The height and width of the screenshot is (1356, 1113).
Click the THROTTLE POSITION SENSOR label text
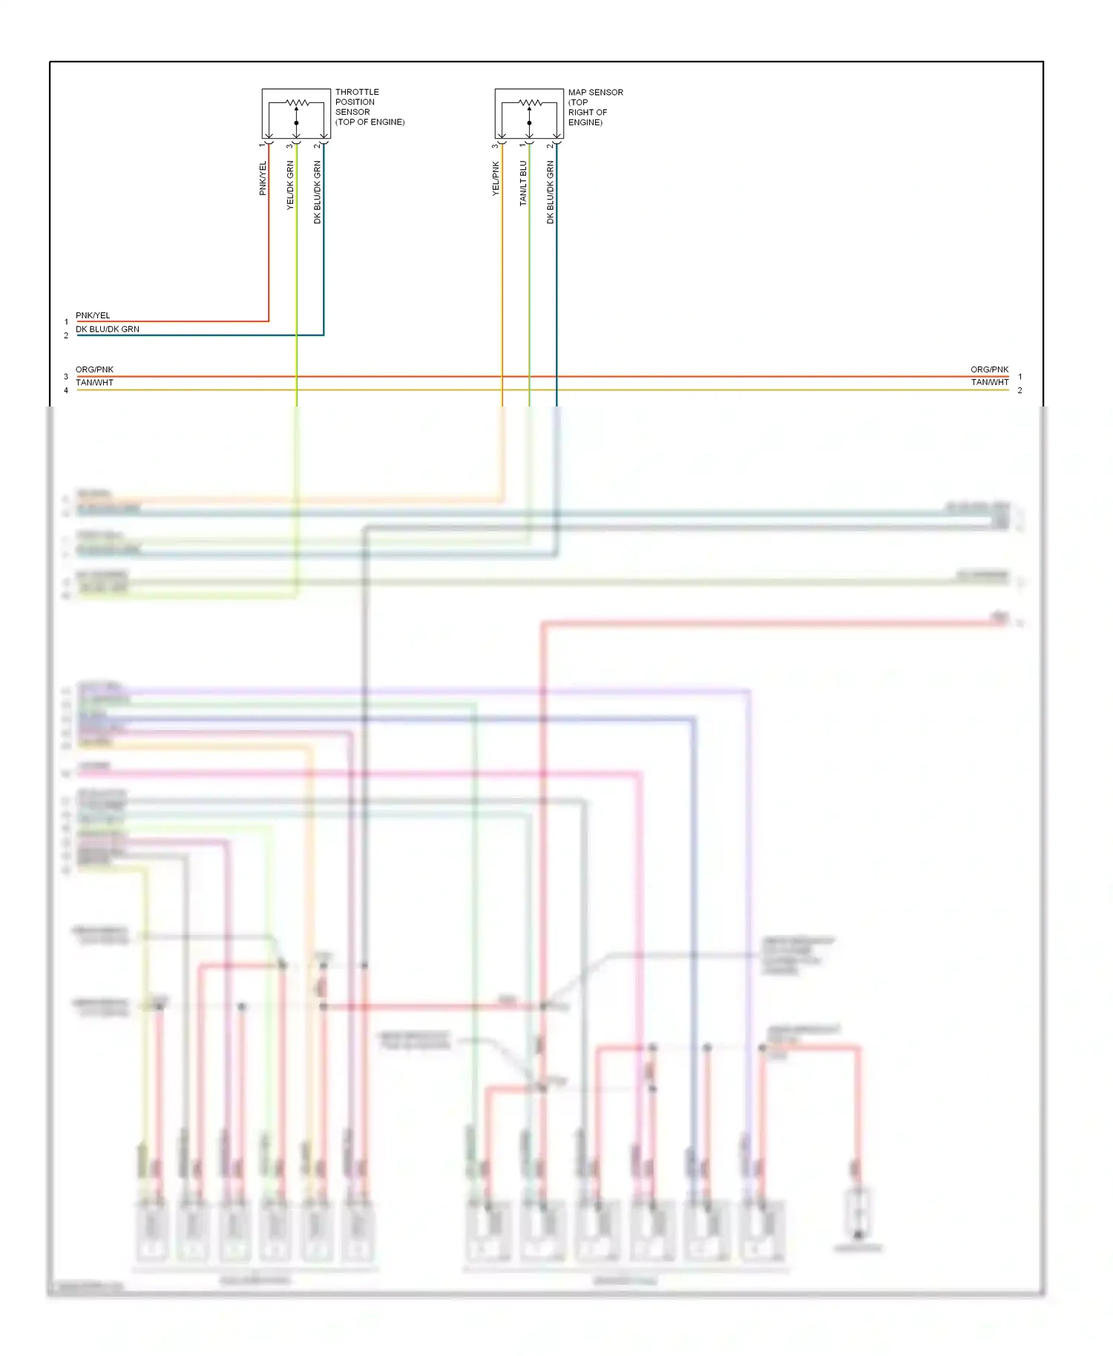pos(369,107)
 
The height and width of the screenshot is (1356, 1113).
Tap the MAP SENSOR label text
pos(595,107)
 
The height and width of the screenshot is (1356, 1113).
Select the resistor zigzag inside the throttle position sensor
pos(297,102)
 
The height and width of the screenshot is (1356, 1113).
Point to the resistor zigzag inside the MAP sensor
pos(530,102)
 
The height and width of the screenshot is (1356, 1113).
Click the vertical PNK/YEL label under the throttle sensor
pos(263,178)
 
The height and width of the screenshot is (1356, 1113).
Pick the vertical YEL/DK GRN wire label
pos(290,185)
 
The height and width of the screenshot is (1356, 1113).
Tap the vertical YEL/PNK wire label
pos(496,178)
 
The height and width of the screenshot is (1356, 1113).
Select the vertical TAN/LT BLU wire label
pos(523,183)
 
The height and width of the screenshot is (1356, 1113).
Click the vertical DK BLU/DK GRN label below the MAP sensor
pos(551,192)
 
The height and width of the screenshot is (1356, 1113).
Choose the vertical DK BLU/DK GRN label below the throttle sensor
pos(318,192)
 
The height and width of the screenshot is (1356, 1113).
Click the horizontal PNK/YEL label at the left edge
pos(93,315)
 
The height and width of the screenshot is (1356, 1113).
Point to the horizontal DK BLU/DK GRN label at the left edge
pos(108,329)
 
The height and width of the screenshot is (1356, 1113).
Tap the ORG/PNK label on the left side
pos(94,369)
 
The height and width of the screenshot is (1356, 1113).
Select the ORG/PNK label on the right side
pos(989,369)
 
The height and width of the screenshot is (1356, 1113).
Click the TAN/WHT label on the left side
pos(94,383)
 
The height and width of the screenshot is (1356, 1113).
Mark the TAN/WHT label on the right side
pos(989,383)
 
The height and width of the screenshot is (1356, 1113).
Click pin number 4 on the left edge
pos(66,390)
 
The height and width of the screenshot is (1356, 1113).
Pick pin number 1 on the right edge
pos(1020,377)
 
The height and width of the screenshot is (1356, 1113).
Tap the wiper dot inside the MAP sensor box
pos(529,122)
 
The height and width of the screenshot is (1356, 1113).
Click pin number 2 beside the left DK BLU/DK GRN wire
pos(66,335)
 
